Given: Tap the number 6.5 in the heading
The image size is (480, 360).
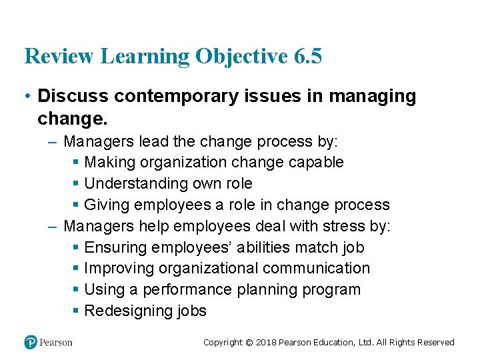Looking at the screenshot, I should [307, 57].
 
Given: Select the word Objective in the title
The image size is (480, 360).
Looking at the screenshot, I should [241, 57].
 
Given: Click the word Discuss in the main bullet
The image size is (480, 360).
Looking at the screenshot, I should [73, 96].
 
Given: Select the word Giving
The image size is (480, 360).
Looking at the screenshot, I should [107, 205].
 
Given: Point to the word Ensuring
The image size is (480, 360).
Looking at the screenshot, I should [115, 247].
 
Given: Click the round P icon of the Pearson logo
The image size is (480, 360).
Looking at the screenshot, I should [31, 342].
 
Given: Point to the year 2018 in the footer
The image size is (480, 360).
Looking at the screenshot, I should [266, 343].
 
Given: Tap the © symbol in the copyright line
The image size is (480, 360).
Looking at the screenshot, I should [249, 343].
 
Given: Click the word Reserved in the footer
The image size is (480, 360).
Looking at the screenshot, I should [435, 343].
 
